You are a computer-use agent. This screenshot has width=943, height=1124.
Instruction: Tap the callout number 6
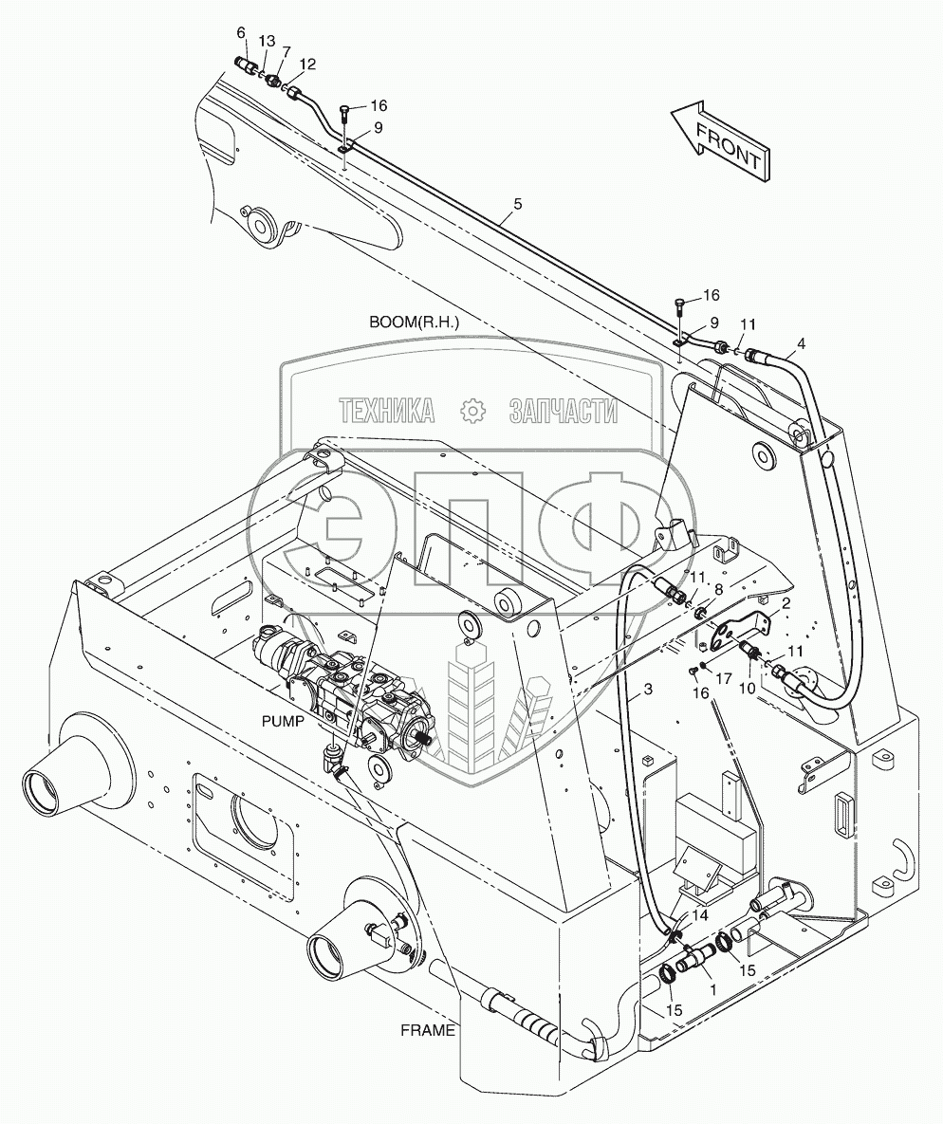point(241,33)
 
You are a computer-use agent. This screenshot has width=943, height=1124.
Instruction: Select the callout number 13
point(267,41)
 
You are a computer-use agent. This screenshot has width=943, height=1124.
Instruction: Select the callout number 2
point(786,601)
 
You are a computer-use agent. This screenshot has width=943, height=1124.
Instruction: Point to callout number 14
point(699,916)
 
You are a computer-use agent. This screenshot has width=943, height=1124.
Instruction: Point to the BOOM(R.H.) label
point(415,322)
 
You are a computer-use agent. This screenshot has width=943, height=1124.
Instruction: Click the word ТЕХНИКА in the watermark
point(386,410)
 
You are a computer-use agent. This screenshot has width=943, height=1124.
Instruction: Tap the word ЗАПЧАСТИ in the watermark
point(564,410)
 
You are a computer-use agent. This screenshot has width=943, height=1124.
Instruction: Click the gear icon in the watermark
point(471,410)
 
